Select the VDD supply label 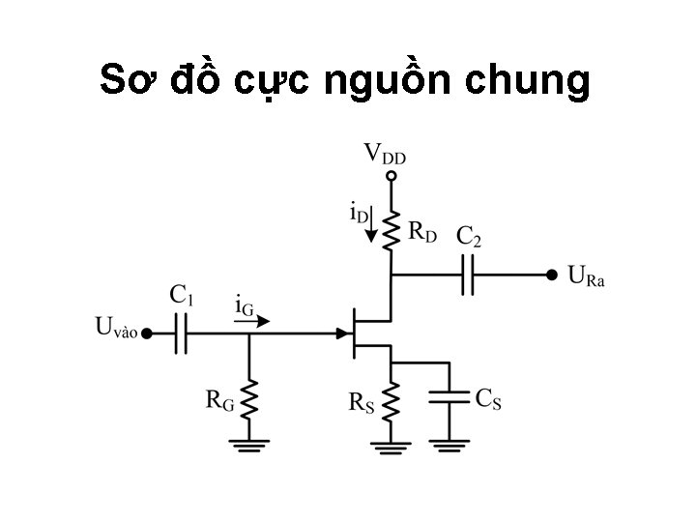(x=385, y=154)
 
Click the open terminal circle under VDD (x=391, y=177)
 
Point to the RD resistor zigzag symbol (x=391, y=230)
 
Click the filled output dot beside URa (x=551, y=275)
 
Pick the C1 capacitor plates (x=181, y=333)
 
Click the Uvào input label (x=116, y=328)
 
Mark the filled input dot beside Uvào (x=146, y=333)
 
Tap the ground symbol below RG (x=250, y=445)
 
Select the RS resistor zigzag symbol (x=391, y=402)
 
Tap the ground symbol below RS (x=391, y=445)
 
